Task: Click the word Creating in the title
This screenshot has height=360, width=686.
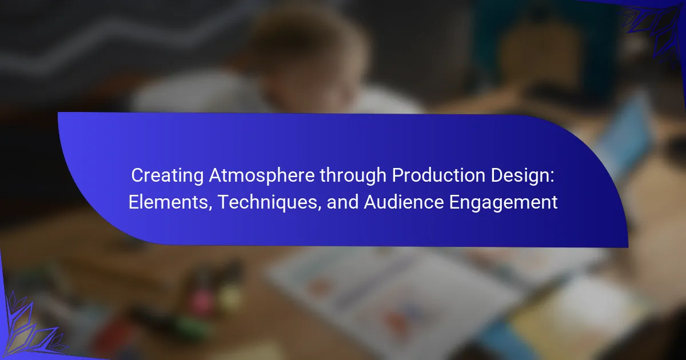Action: tap(167, 176)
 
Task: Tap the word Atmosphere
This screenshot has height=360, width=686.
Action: tap(262, 175)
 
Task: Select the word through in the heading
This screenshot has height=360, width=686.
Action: tap(353, 176)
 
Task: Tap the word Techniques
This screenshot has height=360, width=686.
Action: tap(266, 203)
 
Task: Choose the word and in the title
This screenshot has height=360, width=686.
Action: tap(342, 202)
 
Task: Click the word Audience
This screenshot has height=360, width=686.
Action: tap(404, 202)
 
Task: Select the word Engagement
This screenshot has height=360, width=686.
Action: tap(503, 203)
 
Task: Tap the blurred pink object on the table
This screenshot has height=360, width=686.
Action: tap(201, 299)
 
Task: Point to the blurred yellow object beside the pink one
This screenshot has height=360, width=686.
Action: tap(230, 297)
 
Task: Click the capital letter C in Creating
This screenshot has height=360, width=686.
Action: tap(138, 176)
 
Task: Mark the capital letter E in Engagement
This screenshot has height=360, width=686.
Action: tap(454, 202)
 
